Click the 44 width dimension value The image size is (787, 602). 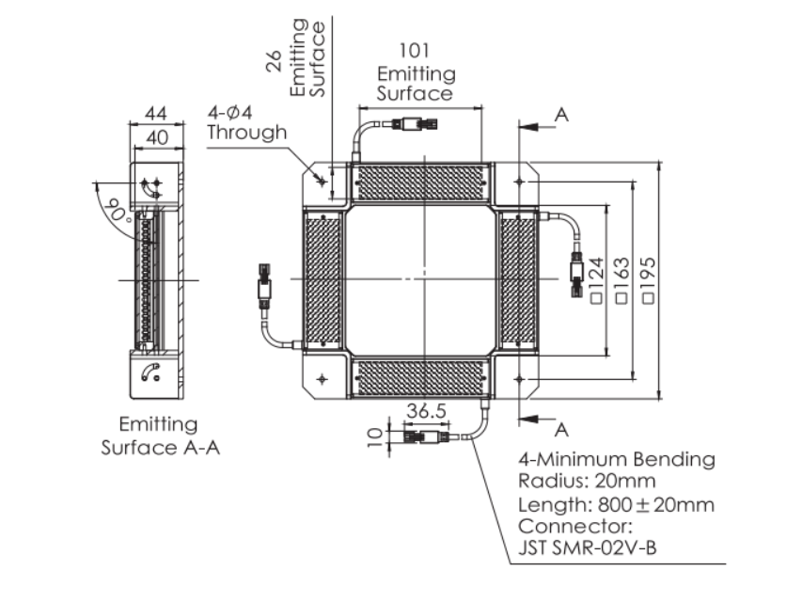(154, 114)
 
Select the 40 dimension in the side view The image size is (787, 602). (154, 136)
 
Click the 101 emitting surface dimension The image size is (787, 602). (415, 51)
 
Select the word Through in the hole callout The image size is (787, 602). (246, 133)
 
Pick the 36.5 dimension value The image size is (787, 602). (427, 411)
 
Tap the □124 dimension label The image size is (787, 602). (596, 279)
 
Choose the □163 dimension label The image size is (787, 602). (622, 279)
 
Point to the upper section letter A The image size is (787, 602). (562, 115)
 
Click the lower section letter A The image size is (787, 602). (562, 429)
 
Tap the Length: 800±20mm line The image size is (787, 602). (616, 504)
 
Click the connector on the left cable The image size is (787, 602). (264, 281)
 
